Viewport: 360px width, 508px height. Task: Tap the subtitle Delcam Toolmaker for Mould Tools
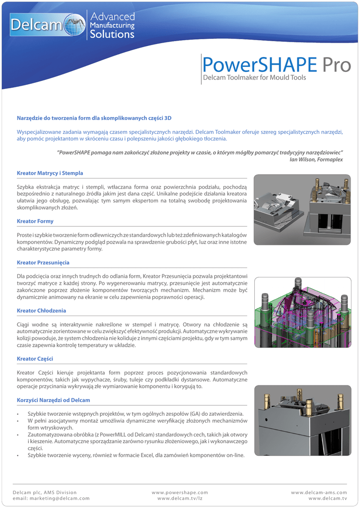(x=254, y=78)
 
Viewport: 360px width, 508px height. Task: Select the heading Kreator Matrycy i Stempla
(x=50, y=173)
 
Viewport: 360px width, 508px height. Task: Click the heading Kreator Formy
(x=35, y=221)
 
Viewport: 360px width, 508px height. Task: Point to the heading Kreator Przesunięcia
(x=43, y=262)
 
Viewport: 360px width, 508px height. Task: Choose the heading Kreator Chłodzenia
(x=42, y=311)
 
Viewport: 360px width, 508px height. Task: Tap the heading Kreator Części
(x=35, y=358)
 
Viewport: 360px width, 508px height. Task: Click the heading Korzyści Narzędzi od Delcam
(x=54, y=399)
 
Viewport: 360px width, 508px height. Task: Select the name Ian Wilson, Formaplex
(x=316, y=159)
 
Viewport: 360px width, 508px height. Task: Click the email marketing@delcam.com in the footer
(x=51, y=498)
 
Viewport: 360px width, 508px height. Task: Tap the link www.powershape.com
(x=180, y=492)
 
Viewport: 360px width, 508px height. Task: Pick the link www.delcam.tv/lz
(x=180, y=498)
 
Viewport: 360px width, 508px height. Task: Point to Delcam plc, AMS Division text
(x=45, y=492)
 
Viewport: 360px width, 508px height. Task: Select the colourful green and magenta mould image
(x=302, y=312)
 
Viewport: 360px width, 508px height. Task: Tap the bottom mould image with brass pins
(x=302, y=421)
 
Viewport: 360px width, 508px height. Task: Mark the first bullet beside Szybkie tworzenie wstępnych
(x=18, y=414)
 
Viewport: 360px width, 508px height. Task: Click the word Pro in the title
(x=335, y=64)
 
